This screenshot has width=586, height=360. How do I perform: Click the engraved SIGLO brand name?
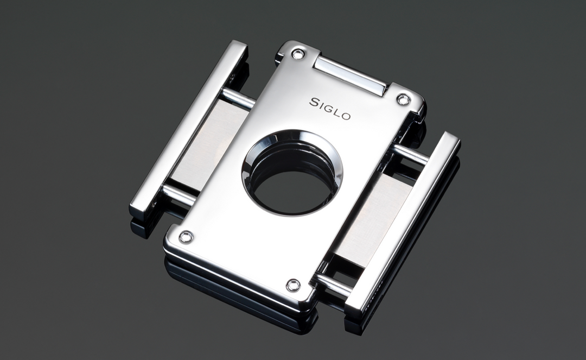[x=330, y=109]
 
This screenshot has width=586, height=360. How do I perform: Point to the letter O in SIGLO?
[x=346, y=116]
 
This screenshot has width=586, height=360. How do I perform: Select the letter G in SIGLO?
[x=329, y=108]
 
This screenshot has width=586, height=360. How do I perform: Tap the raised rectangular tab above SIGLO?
[x=350, y=76]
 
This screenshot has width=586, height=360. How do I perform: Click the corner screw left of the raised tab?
[x=298, y=53]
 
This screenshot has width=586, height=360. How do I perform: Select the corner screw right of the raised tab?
[x=402, y=99]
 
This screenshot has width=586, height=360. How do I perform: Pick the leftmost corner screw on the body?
[x=186, y=237]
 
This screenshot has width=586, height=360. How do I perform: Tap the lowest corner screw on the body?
[x=293, y=285]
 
